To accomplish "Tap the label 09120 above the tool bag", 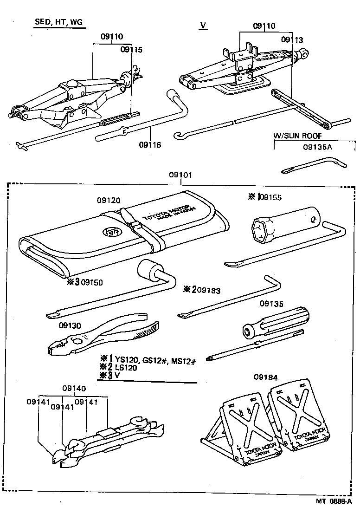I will (109, 200).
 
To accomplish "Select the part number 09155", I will (270, 197).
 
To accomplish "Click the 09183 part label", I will (208, 290).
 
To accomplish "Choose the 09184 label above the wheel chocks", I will (265, 377).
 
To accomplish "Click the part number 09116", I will (150, 145).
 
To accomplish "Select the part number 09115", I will (131, 49).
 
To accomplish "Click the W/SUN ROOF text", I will (297, 136).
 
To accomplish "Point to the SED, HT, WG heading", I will (60, 23).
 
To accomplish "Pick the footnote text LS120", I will (126, 367).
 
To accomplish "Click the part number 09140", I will (74, 388).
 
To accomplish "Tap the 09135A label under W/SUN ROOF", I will (318, 147).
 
